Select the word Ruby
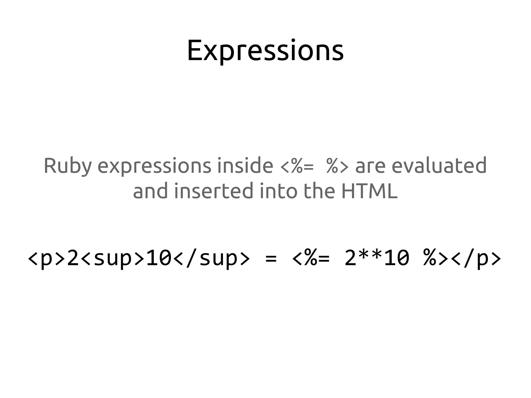(68, 166)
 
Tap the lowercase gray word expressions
(154, 166)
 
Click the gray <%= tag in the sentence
(297, 166)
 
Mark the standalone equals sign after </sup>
(271, 259)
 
